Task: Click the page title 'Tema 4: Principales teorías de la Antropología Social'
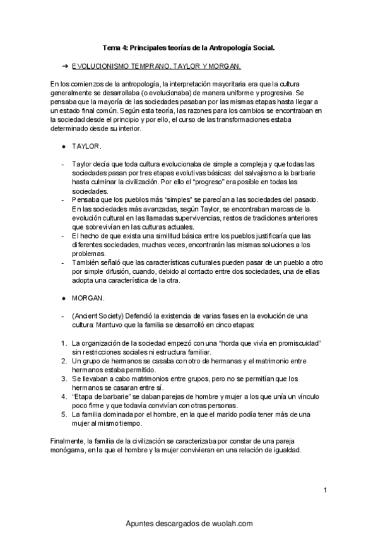189,47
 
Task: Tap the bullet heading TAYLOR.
87,146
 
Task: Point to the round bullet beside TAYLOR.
64,146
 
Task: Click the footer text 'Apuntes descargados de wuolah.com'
189,523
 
